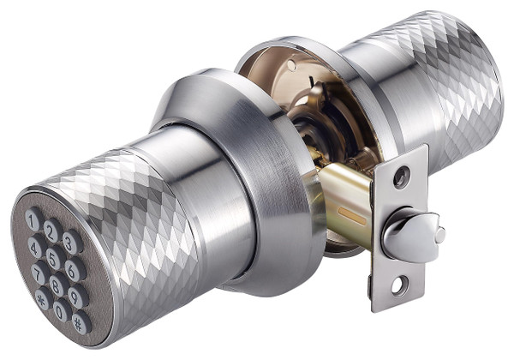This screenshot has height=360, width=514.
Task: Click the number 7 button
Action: pos(39,272)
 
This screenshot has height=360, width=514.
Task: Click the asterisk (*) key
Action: pos(43,298)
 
